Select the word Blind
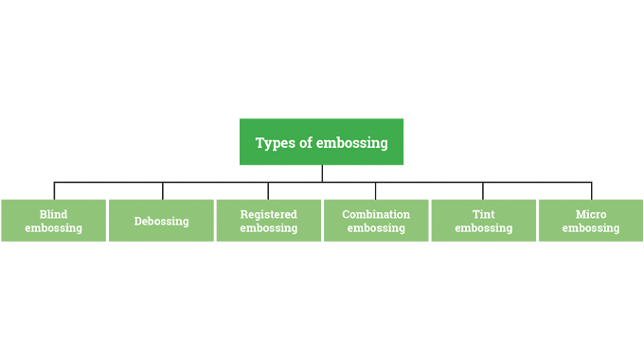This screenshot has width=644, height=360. tap(53, 214)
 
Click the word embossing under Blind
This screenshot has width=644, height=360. tap(53, 228)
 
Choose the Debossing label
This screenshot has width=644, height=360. tap(161, 222)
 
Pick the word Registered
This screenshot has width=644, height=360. tap(268, 214)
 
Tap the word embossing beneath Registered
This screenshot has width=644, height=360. tap(268, 228)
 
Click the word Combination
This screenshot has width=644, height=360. tap(376, 214)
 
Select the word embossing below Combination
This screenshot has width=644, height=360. tap(376, 228)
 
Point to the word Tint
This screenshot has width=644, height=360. tap(483, 214)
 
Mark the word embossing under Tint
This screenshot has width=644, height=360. tap(483, 228)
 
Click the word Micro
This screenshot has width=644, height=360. tap(591, 214)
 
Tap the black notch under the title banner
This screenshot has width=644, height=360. tap(322, 171)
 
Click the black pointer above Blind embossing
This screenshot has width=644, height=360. tap(53, 192)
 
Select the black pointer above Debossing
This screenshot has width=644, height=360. tap(161, 192)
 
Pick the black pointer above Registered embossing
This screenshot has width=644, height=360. tap(268, 192)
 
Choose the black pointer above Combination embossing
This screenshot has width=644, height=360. tap(376, 192)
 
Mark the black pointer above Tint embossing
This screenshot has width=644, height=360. tap(483, 192)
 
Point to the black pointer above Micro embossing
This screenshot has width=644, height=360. tap(591, 192)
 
